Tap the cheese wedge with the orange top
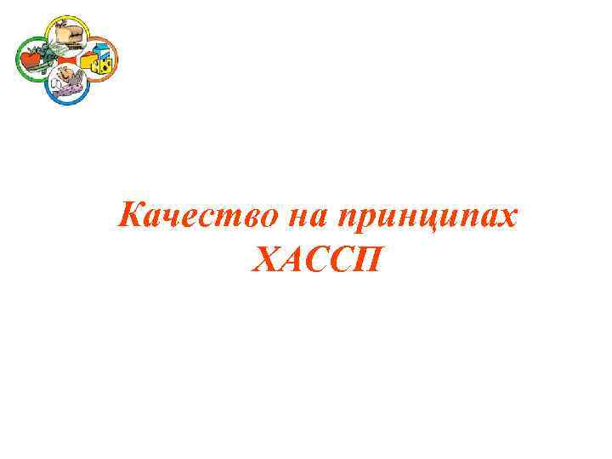[x=88, y=61]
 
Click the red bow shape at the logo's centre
[x=65, y=60]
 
